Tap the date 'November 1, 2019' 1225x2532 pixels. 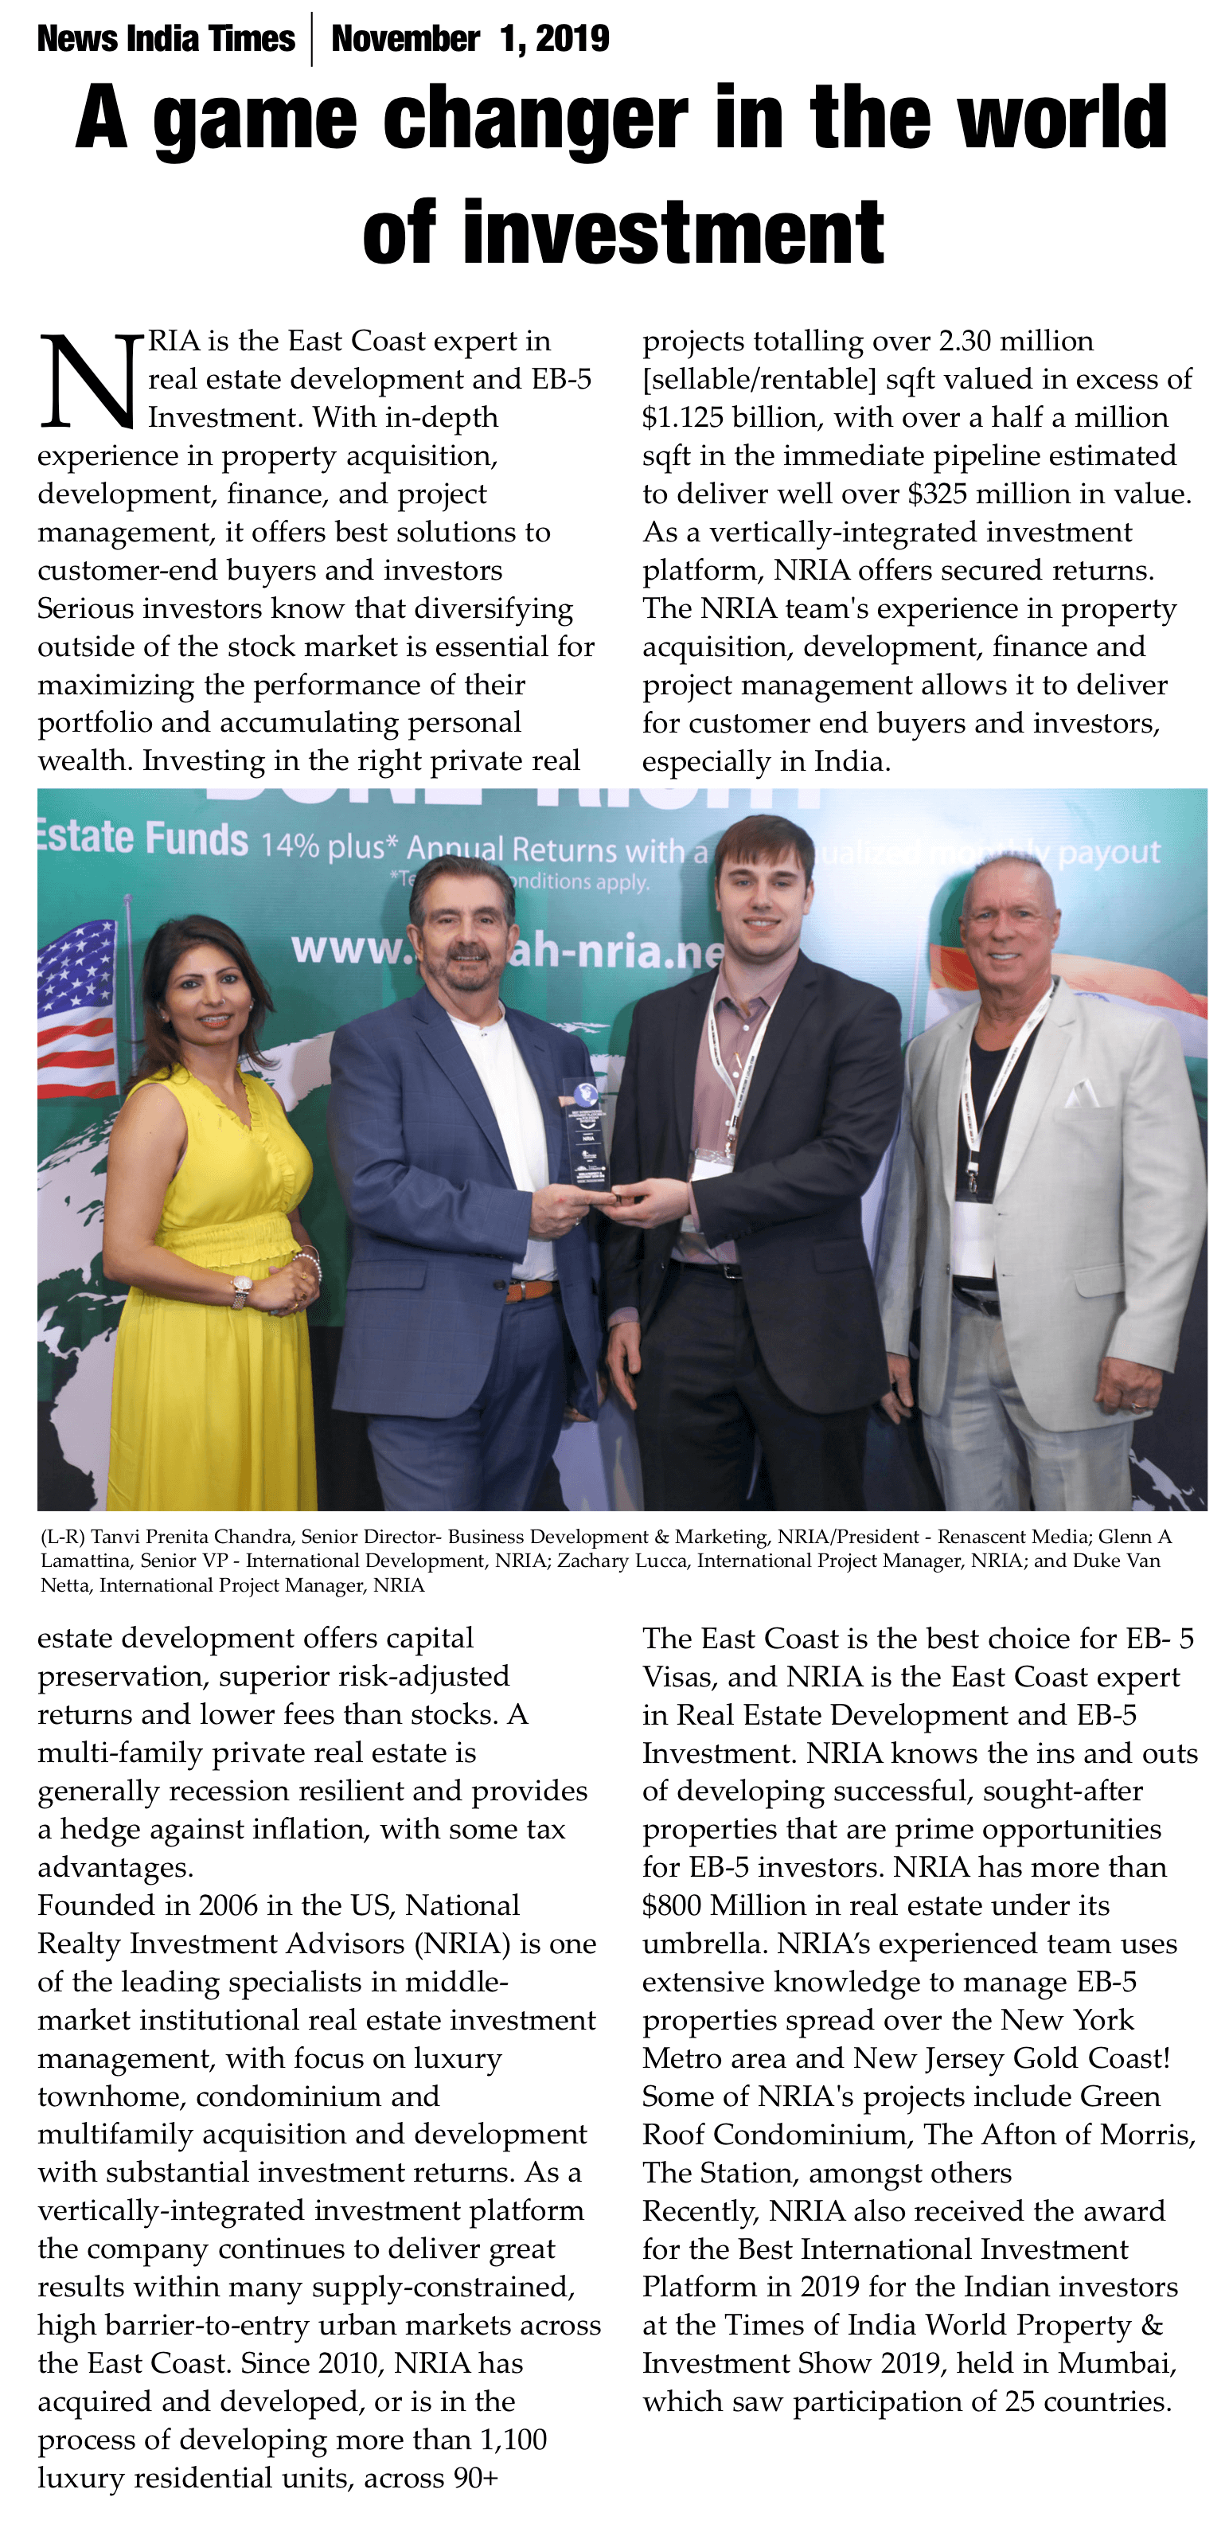click(470, 38)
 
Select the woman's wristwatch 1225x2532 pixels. click(240, 1288)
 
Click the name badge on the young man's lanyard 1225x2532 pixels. click(713, 1164)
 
